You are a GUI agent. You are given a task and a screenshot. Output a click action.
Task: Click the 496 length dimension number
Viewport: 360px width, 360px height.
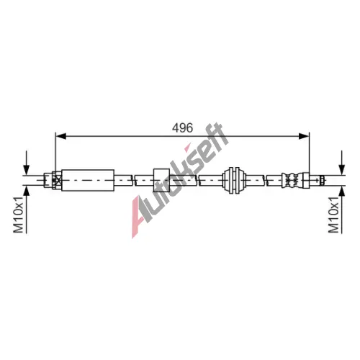[182, 127]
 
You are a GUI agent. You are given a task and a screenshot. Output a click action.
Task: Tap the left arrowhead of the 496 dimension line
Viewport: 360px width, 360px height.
[60, 136]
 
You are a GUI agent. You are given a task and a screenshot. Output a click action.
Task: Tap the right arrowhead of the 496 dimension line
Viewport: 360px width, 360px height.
[304, 136]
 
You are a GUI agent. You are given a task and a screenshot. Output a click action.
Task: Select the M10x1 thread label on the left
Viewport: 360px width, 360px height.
[18, 215]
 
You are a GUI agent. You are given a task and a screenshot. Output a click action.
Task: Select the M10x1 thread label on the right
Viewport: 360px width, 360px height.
[333, 215]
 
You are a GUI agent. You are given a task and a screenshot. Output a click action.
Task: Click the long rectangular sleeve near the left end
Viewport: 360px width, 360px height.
[88, 180]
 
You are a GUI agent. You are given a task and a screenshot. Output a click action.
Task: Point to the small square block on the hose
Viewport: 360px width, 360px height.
[161, 180]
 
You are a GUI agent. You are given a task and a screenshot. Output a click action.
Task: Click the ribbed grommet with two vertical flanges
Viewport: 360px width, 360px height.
[234, 180]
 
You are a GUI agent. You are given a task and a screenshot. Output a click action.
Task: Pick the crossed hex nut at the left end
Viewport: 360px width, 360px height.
[57, 180]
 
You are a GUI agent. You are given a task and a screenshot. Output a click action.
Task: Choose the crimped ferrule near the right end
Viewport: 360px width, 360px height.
[292, 180]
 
